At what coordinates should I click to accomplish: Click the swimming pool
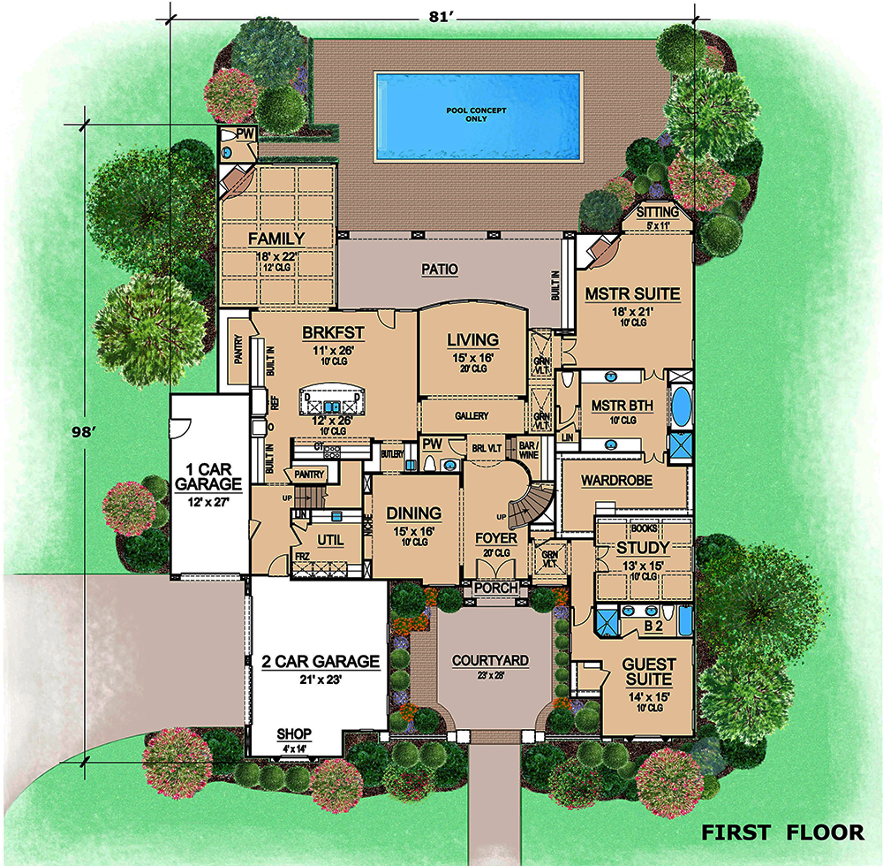pyautogui.click(x=479, y=116)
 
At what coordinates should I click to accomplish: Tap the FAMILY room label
pyautogui.click(x=275, y=239)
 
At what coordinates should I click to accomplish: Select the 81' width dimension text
pyautogui.click(x=432, y=16)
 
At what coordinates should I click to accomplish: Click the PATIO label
pyautogui.click(x=439, y=270)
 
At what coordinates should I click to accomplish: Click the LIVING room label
pyautogui.click(x=472, y=339)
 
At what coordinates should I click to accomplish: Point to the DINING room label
pyautogui.click(x=414, y=513)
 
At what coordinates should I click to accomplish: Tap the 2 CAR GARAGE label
pyautogui.click(x=320, y=661)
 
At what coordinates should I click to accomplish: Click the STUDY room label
pyautogui.click(x=638, y=549)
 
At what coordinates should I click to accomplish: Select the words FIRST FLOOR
pyautogui.click(x=782, y=832)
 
